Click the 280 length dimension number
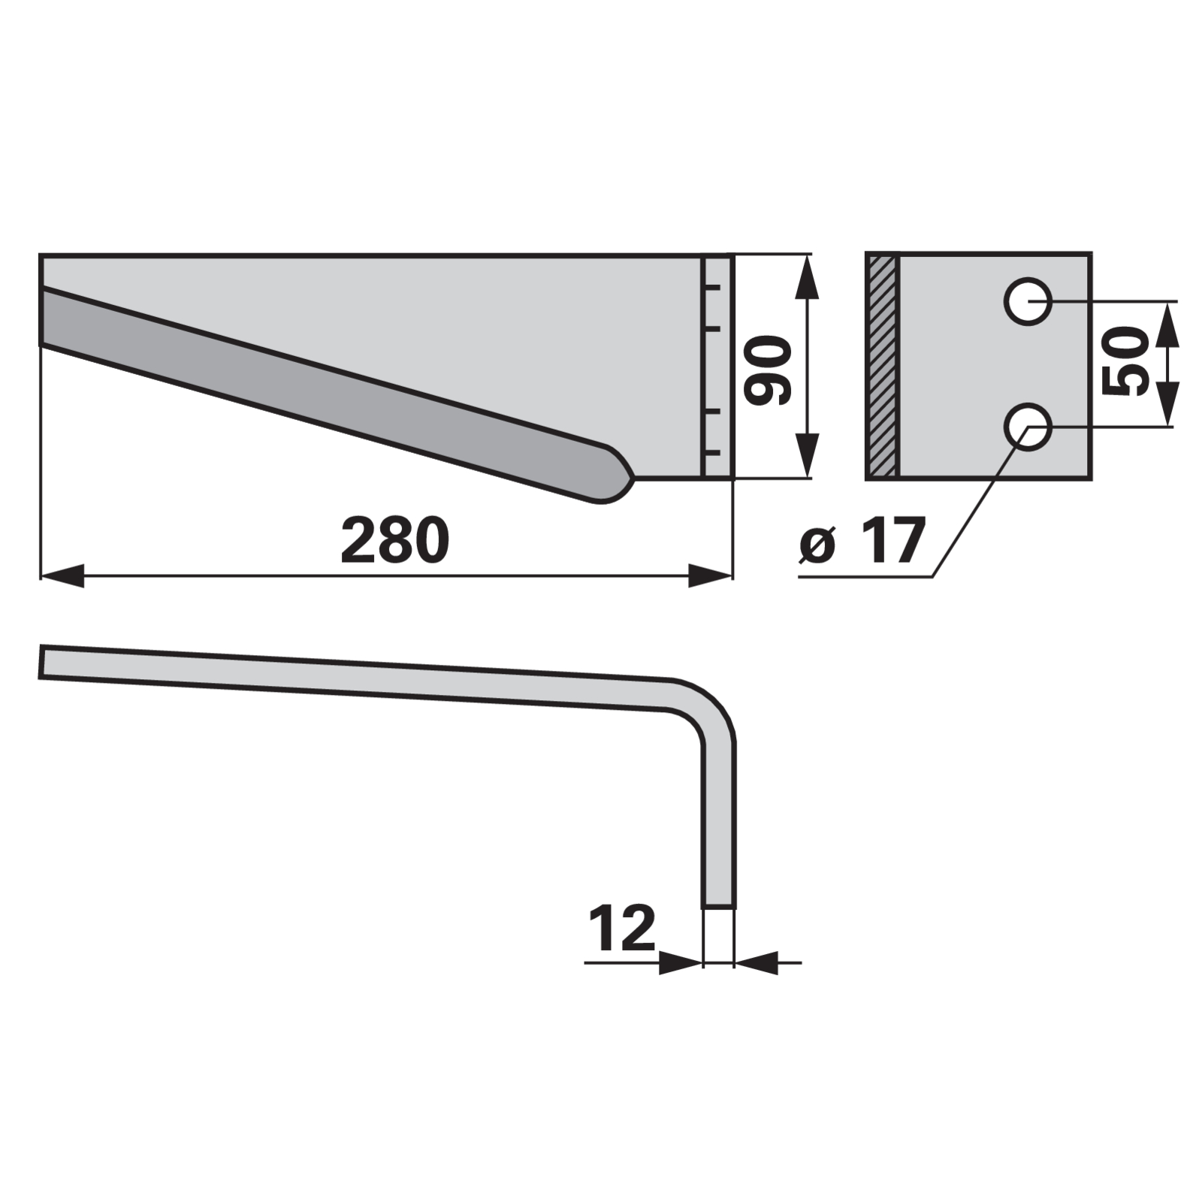pos(394,541)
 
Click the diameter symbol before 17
pos(817,544)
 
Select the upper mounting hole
pos(1028,302)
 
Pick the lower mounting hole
pos(1028,427)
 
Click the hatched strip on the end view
pos(882,366)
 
